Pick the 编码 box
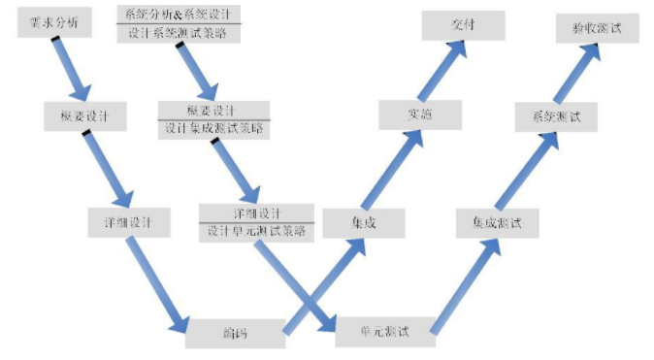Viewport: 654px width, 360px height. [x=235, y=333]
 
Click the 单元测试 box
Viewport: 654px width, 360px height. [x=383, y=331]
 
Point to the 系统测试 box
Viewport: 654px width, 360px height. [x=557, y=116]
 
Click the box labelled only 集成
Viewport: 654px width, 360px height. [x=363, y=222]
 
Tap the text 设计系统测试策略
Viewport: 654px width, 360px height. [x=179, y=32]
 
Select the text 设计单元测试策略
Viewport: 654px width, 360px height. [x=256, y=231]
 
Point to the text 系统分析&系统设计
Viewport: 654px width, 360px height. [x=179, y=14]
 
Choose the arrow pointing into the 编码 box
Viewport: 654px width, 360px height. [x=155, y=281]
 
